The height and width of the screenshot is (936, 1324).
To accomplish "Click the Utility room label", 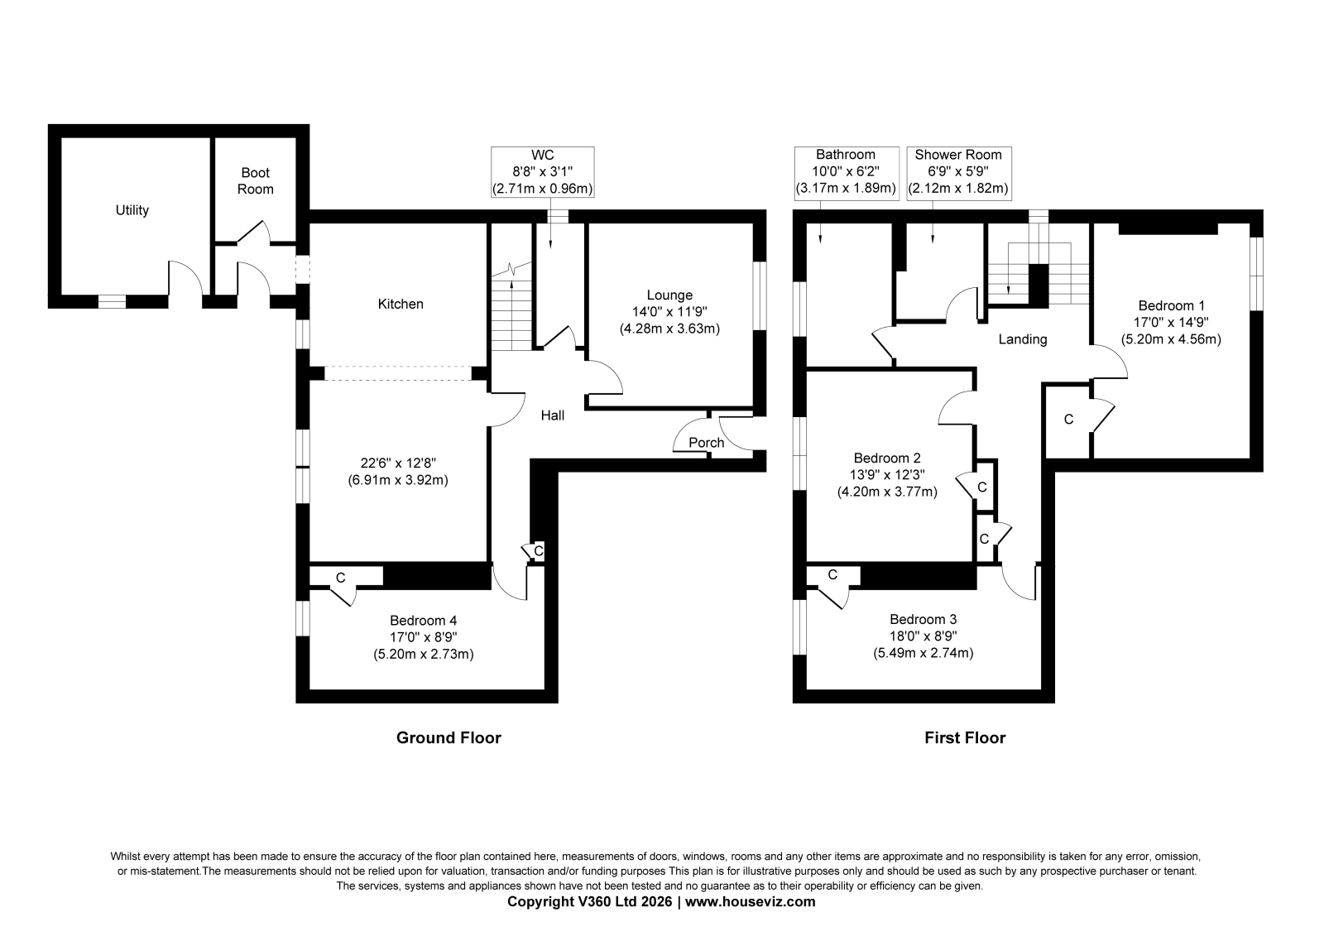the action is tap(132, 210).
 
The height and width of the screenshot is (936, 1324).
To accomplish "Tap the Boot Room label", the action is tap(256, 181).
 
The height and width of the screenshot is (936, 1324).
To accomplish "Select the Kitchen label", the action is tap(401, 304).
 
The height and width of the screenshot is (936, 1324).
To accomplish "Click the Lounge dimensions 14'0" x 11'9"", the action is tap(669, 312).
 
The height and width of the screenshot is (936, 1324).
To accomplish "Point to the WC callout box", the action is tap(543, 172).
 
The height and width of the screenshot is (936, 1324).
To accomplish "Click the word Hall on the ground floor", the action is tap(553, 415).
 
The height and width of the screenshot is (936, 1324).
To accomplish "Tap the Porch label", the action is tap(707, 443).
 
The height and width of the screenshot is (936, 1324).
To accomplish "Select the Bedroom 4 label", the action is tap(423, 620).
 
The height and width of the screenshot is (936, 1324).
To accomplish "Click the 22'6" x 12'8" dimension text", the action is tap(398, 463).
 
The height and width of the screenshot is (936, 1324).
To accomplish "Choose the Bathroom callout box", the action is tap(847, 172).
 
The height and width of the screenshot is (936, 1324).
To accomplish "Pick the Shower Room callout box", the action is tap(959, 172).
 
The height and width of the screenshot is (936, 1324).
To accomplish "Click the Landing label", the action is tap(1023, 339).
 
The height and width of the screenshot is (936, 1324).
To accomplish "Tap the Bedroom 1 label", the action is tap(1171, 305).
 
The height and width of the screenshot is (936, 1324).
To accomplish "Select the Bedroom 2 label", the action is tap(887, 458).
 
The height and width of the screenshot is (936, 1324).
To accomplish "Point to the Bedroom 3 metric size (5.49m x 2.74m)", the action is tap(923, 653).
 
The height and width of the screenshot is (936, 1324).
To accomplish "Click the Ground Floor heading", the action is tap(449, 738).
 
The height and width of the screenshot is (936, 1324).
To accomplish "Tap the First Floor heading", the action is tap(965, 738).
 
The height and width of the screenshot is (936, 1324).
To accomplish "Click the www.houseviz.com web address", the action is tap(750, 902).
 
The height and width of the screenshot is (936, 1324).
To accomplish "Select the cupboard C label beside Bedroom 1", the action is tap(1068, 420).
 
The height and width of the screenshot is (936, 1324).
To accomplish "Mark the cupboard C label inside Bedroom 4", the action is tap(340, 578).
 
